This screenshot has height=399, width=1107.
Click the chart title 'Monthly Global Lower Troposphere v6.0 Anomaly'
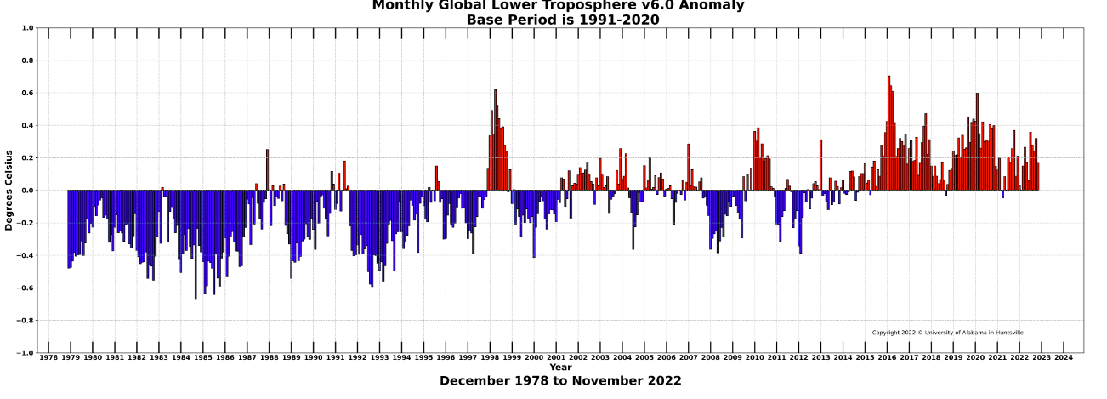click(558, 6)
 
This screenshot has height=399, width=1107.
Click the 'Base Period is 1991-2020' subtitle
click(562, 20)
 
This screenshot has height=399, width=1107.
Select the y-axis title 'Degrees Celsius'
click(9, 190)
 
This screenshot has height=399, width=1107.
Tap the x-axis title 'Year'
click(560, 368)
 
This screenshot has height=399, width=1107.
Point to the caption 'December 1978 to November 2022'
click(560, 381)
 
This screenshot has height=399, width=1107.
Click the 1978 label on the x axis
click(48, 358)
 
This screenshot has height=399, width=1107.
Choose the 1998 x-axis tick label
click(490, 358)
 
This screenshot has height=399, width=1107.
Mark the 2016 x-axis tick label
click(887, 358)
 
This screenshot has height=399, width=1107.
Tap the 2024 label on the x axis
click(1064, 358)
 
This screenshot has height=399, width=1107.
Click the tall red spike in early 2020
click(977, 140)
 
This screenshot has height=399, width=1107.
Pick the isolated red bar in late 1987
click(267, 170)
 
